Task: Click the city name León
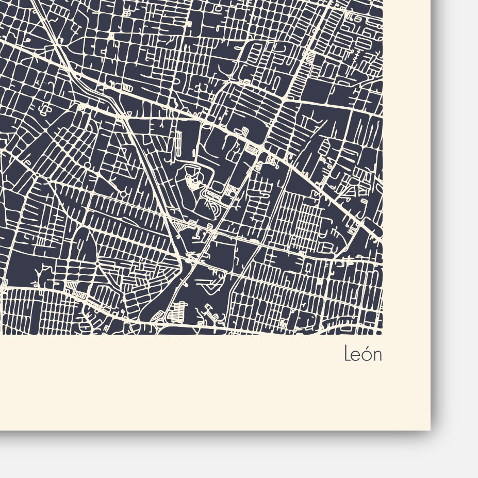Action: click(x=363, y=354)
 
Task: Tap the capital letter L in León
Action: click(x=348, y=354)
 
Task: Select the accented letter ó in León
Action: click(x=367, y=355)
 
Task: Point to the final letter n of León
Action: click(x=377, y=356)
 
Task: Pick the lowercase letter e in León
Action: click(x=356, y=356)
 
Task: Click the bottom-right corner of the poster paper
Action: click(x=430, y=430)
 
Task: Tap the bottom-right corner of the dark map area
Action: click(x=382, y=334)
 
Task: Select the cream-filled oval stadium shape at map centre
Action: click(x=192, y=181)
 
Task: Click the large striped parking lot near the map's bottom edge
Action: click(x=178, y=310)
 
